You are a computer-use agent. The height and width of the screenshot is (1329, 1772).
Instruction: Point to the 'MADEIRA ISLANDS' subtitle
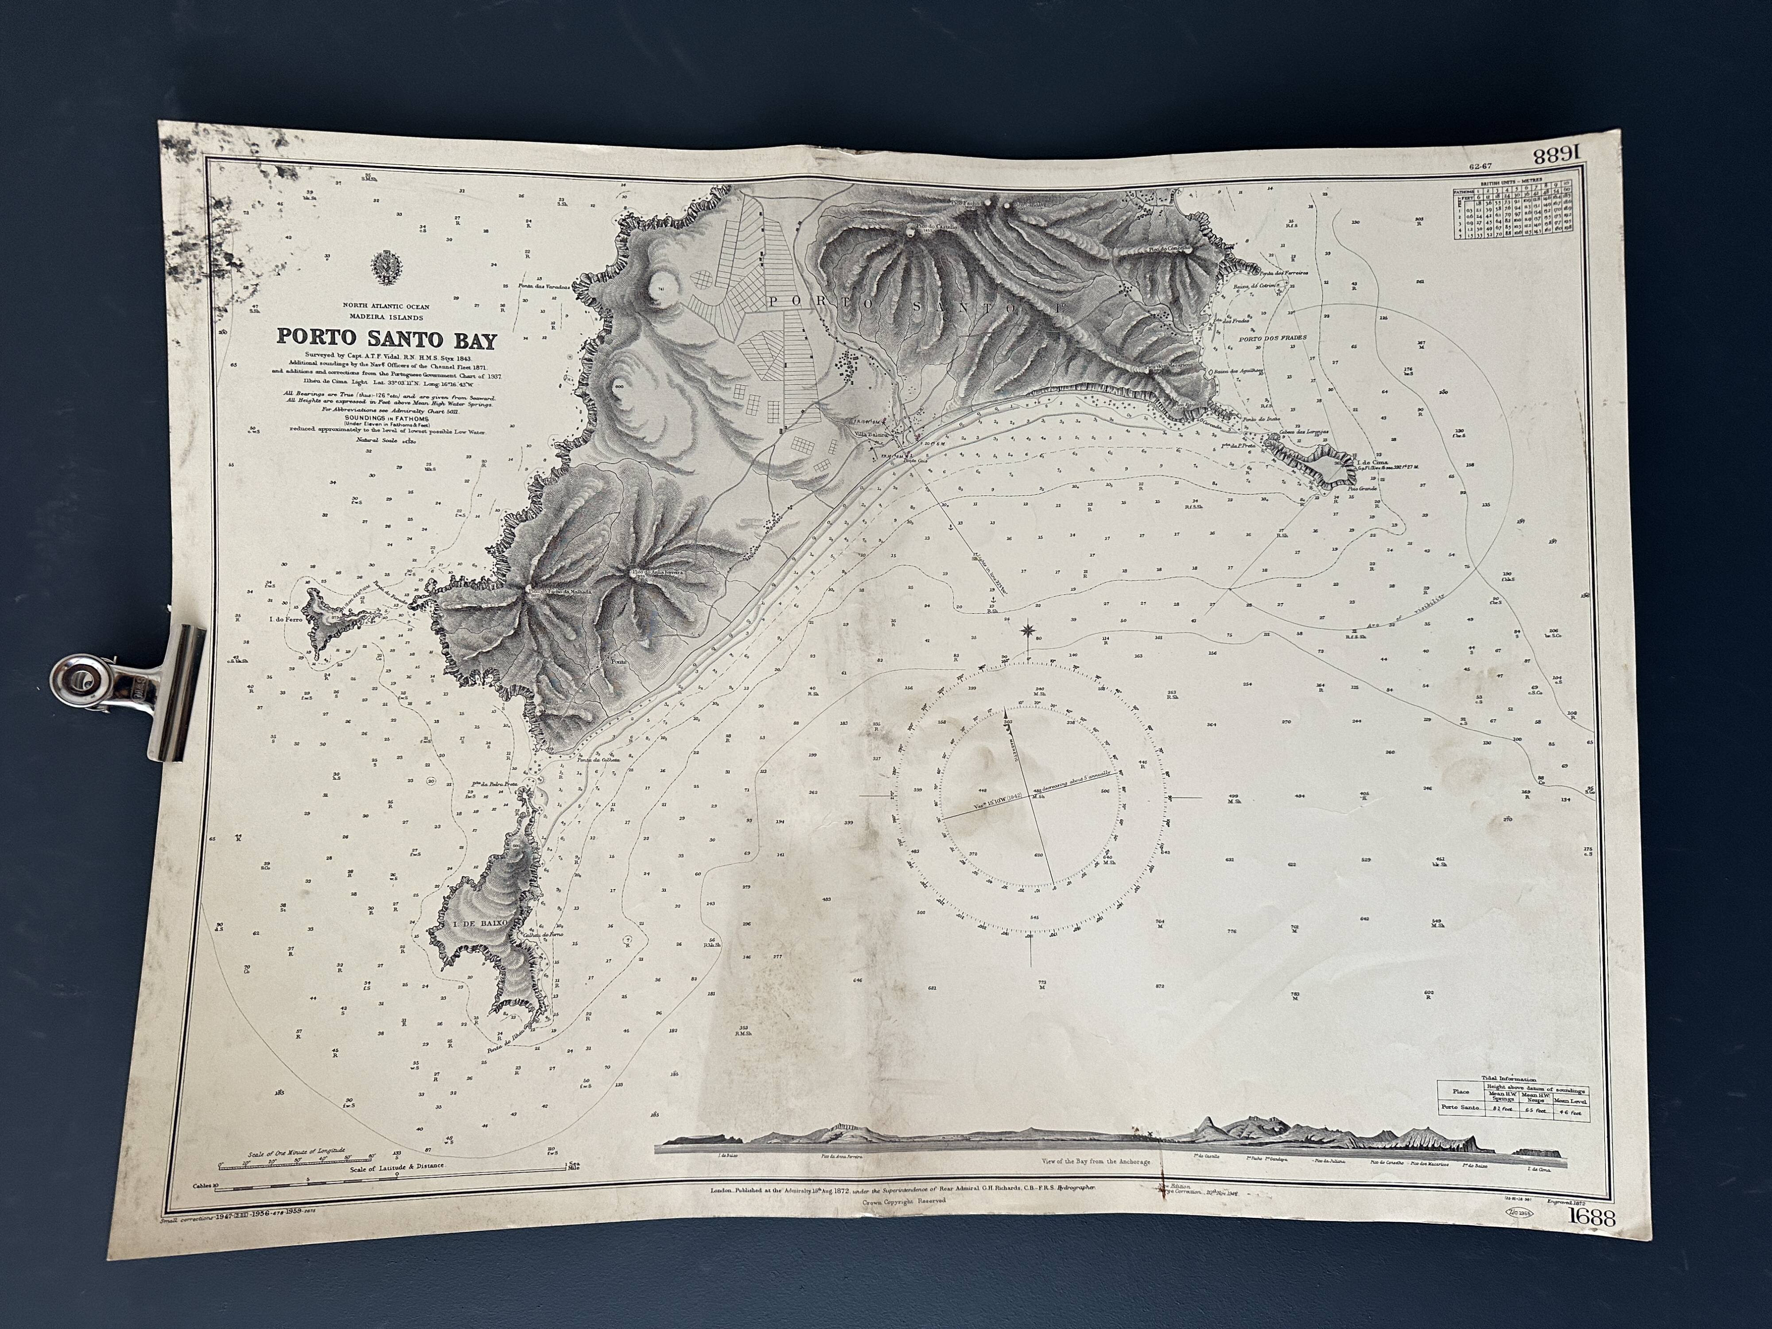point(386,317)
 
